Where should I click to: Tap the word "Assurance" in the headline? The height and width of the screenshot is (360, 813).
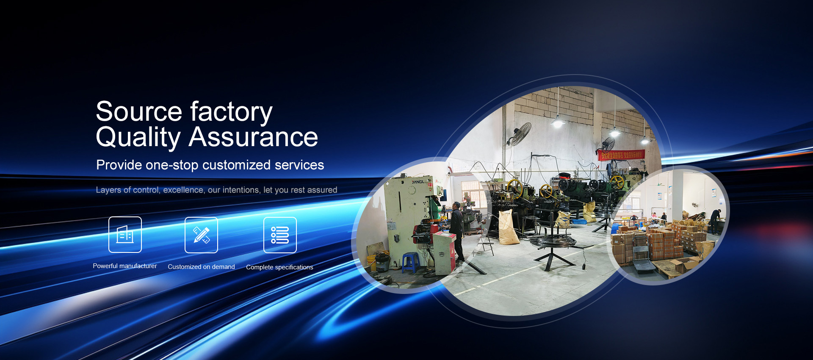pyautogui.click(x=253, y=137)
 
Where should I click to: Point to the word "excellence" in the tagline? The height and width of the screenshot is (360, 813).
pyautogui.click(x=183, y=190)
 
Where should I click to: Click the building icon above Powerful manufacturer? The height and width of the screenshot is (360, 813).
pyautogui.click(x=125, y=235)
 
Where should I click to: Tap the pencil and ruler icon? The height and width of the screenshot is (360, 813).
pyautogui.click(x=201, y=235)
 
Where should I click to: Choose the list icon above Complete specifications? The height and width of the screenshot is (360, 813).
pyautogui.click(x=280, y=235)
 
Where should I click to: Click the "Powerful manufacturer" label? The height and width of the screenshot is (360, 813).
pyautogui.click(x=125, y=266)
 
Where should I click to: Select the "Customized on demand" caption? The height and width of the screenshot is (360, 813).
pyautogui.click(x=201, y=267)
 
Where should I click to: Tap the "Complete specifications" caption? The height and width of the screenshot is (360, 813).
pyautogui.click(x=279, y=267)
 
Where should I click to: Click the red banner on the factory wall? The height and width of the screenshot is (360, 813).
pyautogui.click(x=621, y=155)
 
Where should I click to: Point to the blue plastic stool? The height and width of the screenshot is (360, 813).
pyautogui.click(x=410, y=262)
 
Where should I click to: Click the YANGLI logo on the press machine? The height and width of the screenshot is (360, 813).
pyautogui.click(x=420, y=182)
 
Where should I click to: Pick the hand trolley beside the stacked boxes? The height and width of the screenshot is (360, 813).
pyautogui.click(x=641, y=254)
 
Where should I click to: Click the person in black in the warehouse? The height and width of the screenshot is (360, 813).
pyautogui.click(x=715, y=221)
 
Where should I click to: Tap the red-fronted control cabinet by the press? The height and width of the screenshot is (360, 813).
pyautogui.click(x=444, y=252)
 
